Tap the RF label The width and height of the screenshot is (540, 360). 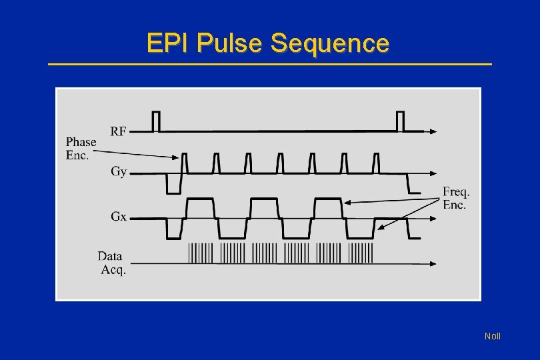(x=118, y=131)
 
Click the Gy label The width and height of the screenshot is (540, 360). (x=119, y=171)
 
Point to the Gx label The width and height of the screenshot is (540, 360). (x=119, y=216)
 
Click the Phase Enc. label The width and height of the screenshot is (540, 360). (x=81, y=148)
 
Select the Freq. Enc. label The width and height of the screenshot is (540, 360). (x=456, y=199)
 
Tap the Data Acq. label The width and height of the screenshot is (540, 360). (x=111, y=262)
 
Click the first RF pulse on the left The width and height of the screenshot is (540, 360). (x=156, y=121)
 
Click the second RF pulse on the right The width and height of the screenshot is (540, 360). (x=400, y=121)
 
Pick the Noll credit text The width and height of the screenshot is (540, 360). (x=492, y=336)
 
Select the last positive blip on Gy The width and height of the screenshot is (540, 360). (x=376, y=163)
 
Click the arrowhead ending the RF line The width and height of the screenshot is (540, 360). (x=433, y=131)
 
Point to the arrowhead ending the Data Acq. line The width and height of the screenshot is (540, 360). (x=433, y=263)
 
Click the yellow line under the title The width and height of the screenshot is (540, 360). (x=270, y=64)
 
